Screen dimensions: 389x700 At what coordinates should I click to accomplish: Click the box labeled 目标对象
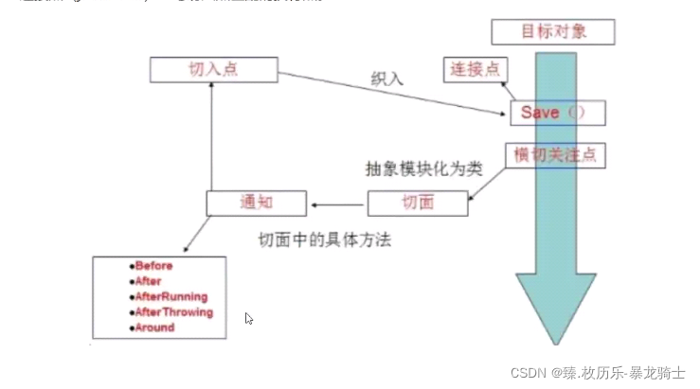[x=553, y=31]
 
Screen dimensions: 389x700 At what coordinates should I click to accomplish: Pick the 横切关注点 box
[x=554, y=154]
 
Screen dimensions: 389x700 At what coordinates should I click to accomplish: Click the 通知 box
[x=257, y=202]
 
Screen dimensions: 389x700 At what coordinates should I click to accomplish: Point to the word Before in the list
[x=154, y=267]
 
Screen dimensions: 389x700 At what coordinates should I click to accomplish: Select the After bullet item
[x=149, y=282]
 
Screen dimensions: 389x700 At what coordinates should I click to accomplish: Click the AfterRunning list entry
[x=171, y=297]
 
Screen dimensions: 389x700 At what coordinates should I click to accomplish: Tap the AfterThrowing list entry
[x=174, y=312]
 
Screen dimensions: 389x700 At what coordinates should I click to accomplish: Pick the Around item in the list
[x=154, y=327]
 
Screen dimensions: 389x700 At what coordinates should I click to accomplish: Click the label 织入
[x=386, y=79]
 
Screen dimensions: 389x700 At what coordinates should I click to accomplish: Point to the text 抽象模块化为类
[x=423, y=169]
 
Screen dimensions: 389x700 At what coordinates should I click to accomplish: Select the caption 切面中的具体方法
[x=325, y=240]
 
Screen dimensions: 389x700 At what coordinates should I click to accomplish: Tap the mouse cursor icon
[x=248, y=319]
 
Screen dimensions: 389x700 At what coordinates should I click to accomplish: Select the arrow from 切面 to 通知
[x=337, y=203]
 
